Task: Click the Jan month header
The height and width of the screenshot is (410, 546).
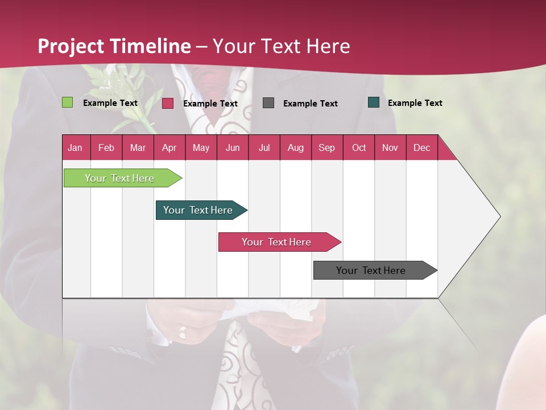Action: [76, 147]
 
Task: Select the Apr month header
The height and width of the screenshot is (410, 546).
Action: [169, 147]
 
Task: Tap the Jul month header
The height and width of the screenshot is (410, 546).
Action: [264, 147]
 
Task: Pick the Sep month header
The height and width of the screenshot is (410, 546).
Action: [326, 147]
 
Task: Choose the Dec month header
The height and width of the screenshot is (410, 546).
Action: [421, 147]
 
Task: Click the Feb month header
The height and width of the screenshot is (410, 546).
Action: [106, 147]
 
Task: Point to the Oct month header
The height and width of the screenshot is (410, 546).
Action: [359, 147]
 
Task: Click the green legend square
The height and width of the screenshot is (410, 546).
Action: [67, 102]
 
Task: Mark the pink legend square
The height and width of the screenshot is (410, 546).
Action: [168, 103]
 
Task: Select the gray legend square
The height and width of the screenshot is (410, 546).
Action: [268, 102]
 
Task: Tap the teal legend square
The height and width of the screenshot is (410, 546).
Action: [374, 102]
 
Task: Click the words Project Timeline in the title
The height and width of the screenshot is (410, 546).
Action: [114, 46]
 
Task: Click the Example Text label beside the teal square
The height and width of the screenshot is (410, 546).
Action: [415, 103]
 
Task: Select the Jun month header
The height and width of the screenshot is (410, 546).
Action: [233, 147]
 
